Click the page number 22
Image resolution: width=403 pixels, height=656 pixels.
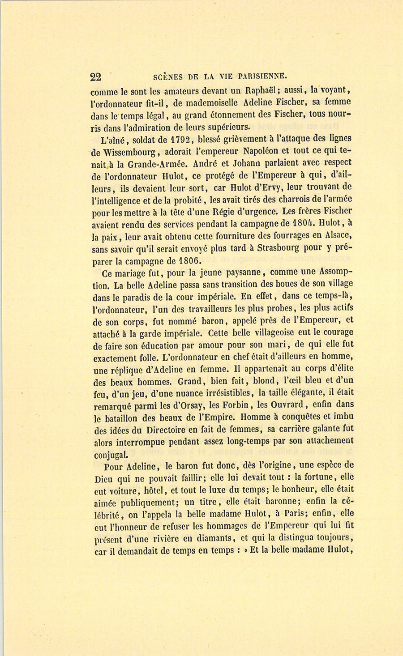(x=95, y=77)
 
